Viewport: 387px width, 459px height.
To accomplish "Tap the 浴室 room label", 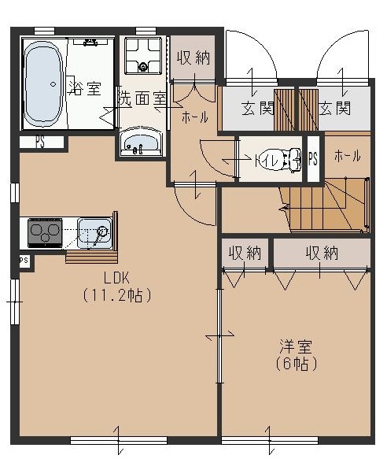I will (85, 88).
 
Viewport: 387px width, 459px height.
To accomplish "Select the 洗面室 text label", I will (141, 100).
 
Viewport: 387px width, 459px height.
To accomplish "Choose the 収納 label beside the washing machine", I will (191, 57).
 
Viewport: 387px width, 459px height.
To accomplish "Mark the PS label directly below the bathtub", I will (39, 143).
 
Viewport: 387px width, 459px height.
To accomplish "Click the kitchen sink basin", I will (95, 232).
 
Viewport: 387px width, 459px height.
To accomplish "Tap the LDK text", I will (116, 276).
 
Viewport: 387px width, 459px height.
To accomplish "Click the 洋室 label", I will (296, 346).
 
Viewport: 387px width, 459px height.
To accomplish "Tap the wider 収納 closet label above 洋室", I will (322, 253).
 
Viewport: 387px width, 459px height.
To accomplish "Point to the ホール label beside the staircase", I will (347, 157).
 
